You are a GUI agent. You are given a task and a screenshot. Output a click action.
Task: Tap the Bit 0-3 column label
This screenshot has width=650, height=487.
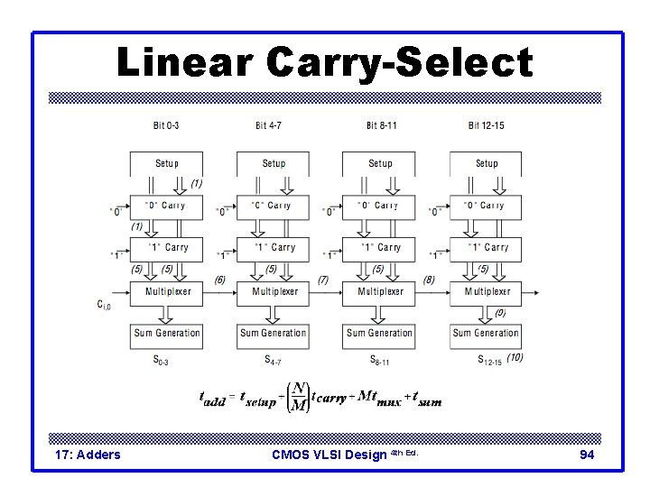pos(166,125)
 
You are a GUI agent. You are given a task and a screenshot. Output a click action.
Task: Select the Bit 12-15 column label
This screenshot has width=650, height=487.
pos(486,125)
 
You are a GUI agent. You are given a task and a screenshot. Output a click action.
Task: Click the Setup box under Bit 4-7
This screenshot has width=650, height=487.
pos(274,163)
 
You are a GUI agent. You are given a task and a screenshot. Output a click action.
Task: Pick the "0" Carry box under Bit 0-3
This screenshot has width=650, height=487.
pos(167,206)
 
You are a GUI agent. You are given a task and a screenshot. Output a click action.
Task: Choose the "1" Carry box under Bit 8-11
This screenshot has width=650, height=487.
pos(380,247)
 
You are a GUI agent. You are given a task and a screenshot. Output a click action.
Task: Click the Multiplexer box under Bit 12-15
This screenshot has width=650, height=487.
pos(487,291)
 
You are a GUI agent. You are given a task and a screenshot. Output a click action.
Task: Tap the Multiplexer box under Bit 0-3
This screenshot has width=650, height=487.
pos(167,291)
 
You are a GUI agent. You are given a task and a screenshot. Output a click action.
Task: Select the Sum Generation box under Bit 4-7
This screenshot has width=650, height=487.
pos(274,333)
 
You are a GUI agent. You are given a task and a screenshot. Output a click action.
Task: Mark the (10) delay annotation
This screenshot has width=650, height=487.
pos(515,358)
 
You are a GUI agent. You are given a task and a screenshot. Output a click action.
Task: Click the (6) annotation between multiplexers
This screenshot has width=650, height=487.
pos(219,280)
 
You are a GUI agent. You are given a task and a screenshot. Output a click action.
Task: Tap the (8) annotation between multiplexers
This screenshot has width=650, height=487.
pos(429,280)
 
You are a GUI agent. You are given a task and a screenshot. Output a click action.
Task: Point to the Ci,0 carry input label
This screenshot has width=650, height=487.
pos(106,305)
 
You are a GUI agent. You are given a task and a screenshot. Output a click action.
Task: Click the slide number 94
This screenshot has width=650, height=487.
pos(586,455)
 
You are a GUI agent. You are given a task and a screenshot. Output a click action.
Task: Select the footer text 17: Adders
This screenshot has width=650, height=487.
pos(88,455)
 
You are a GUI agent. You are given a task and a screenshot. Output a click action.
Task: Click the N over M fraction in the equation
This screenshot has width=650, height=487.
pos(297,397)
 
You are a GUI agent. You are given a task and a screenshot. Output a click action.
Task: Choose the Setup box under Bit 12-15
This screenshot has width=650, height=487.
pos(487,163)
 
